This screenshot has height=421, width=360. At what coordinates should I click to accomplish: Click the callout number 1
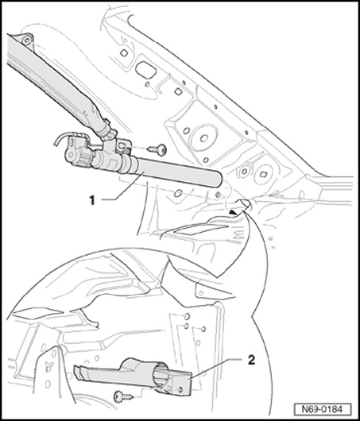92,200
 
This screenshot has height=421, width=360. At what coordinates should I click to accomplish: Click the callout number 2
251,360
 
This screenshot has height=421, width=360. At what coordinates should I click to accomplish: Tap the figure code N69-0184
322,409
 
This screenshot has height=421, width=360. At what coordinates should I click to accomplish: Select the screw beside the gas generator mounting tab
158,149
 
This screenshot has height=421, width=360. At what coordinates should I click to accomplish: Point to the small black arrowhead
234,212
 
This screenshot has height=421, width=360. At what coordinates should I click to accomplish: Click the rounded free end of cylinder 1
219,180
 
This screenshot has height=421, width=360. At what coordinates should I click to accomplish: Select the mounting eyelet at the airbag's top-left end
27,41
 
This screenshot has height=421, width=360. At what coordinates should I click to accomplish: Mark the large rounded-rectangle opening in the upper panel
145,70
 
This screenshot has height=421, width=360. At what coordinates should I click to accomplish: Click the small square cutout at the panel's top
124,53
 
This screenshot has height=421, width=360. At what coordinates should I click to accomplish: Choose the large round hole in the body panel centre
204,138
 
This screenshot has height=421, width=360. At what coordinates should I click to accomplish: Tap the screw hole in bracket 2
181,388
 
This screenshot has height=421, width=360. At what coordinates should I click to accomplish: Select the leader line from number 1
122,187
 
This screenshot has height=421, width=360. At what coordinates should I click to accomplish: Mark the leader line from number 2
215,369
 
